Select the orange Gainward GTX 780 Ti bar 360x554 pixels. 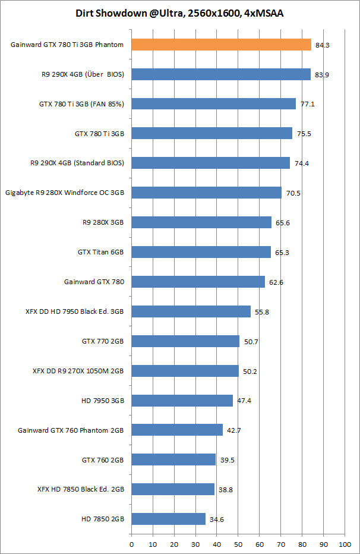coord(221,45)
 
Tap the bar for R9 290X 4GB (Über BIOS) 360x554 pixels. coord(220,74)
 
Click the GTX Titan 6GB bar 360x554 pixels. coord(201,252)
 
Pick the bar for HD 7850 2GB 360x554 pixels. coord(168,519)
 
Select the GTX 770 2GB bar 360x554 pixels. coord(185,341)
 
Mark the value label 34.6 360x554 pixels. coord(216,519)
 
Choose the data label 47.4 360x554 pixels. coord(244,401)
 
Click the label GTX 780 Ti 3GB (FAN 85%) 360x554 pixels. coord(81,103)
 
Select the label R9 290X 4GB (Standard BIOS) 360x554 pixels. coord(77,163)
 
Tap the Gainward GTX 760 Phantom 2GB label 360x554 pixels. coord(71,430)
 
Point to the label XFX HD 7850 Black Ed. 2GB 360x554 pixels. coord(80,489)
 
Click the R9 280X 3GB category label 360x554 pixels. coord(103,222)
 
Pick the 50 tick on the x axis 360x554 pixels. coord(238,543)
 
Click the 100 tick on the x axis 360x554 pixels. coord(344,543)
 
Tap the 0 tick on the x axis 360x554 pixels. coord(131,543)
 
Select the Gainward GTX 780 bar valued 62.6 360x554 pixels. coord(198,282)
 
